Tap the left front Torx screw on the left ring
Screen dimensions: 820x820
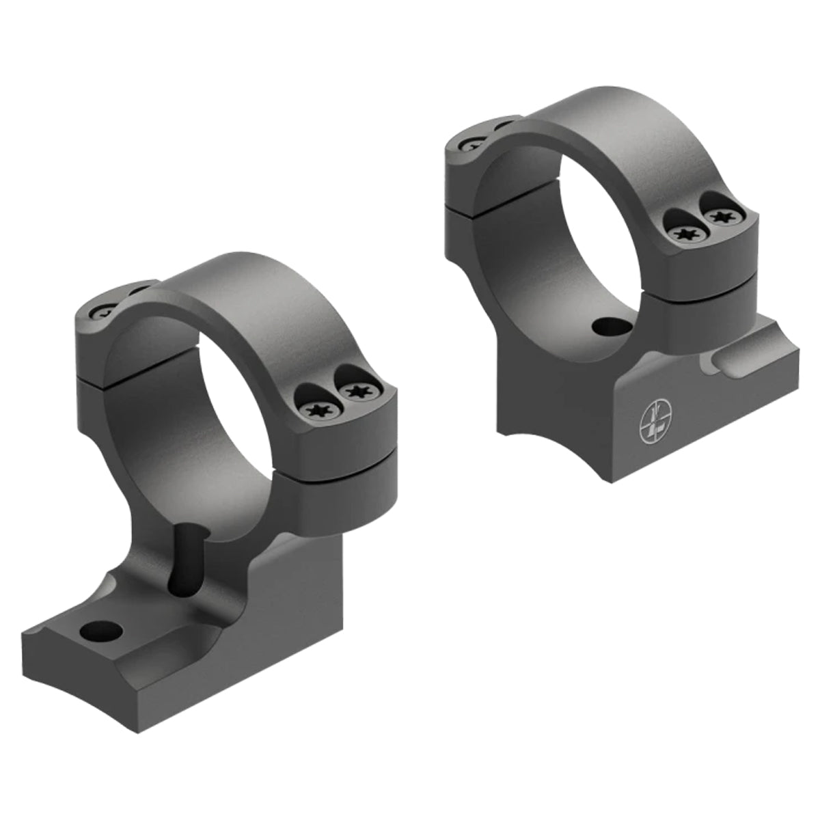tap(318, 411)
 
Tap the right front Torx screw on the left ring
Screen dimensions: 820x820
tap(357, 392)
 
